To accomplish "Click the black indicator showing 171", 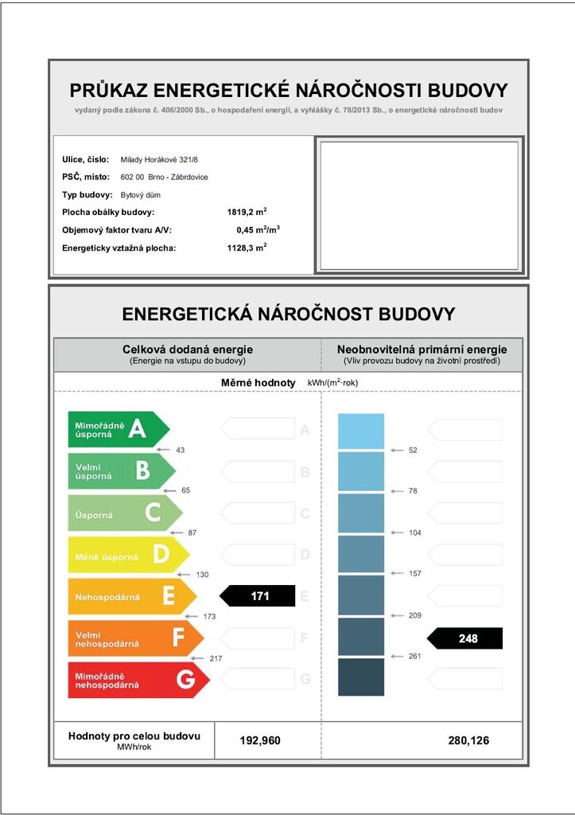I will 257,596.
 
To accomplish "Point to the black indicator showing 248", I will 465,638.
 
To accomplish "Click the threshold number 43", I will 181,450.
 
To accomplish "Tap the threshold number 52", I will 413,450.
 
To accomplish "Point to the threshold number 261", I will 414,656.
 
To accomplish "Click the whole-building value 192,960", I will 260,741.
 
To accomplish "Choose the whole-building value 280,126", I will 468,741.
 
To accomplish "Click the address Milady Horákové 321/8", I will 159,160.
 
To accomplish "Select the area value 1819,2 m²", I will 247,213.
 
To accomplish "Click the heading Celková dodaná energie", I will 188,349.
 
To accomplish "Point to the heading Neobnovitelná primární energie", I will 422,349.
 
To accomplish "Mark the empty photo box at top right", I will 419,205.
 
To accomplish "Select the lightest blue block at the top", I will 361,431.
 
